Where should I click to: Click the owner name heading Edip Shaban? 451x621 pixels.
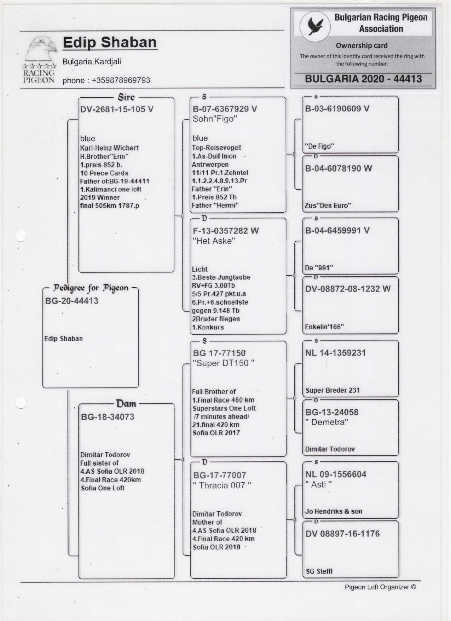[110, 42]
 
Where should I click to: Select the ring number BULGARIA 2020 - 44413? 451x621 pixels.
[363, 79]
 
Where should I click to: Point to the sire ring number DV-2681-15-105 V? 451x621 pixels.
[117, 109]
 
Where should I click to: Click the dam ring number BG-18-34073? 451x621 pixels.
[108, 417]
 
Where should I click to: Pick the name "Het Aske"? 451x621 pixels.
[214, 241]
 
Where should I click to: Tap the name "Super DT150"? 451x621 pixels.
[223, 363]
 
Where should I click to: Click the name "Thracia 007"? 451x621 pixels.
[222, 485]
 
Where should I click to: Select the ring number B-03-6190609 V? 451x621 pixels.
[337, 109]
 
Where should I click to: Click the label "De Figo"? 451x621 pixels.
[319, 146]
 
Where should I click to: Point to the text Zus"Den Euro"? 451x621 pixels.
[328, 206]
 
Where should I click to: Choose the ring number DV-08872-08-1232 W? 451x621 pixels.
[348, 289]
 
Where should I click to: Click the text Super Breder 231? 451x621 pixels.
[333, 391]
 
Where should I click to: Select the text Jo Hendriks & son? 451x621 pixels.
[334, 511]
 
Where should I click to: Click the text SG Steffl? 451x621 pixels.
[319, 571]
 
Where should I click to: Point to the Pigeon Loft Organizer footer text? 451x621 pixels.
[380, 587]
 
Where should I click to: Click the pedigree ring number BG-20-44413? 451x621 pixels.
[71, 301]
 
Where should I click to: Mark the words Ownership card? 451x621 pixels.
[362, 46]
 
